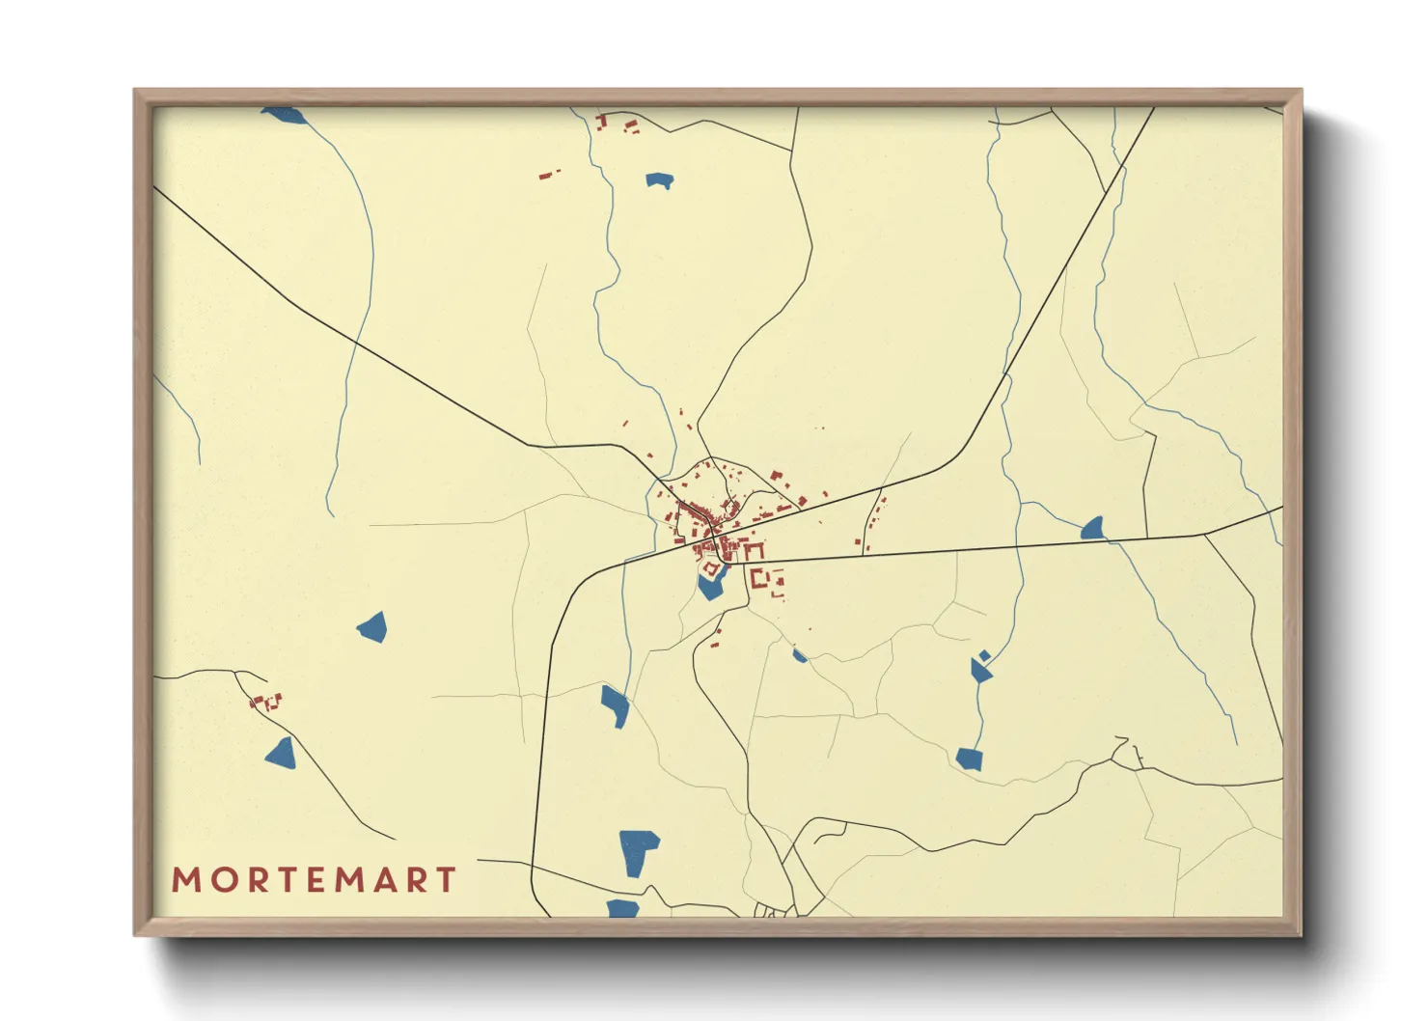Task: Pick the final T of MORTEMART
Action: pyautogui.click(x=446, y=880)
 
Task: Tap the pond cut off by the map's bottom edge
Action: pyautogui.click(x=622, y=908)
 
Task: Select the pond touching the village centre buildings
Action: pyautogui.click(x=712, y=583)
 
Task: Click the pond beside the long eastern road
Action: pyautogui.click(x=1092, y=528)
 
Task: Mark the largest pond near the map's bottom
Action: pyautogui.click(x=637, y=849)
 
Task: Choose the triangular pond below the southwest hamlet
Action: pyautogui.click(x=281, y=754)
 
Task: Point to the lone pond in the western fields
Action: pyautogui.click(x=372, y=627)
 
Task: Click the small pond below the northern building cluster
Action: pyautogui.click(x=659, y=179)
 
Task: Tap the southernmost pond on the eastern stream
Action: pyautogui.click(x=969, y=759)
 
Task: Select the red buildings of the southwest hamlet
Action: pyautogui.click(x=266, y=702)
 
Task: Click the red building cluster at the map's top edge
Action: pyautogui.click(x=616, y=123)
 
